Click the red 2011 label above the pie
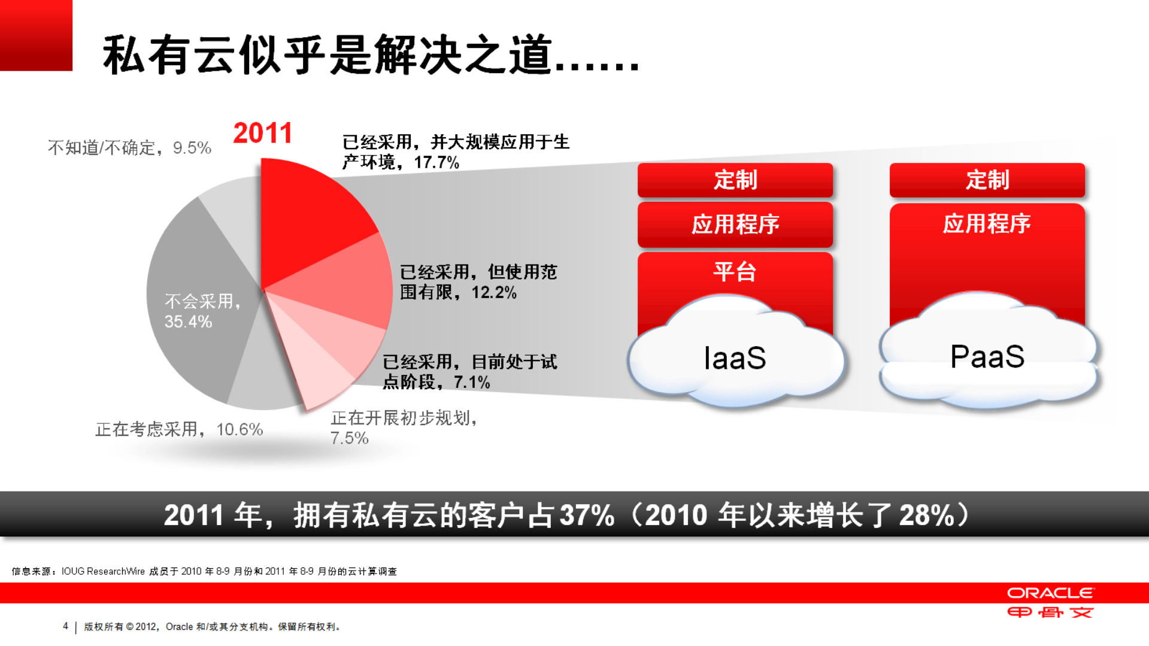[262, 133]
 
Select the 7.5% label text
[349, 438]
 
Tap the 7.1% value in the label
[472, 382]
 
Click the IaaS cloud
[735, 358]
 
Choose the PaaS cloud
[987, 356]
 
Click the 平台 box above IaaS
[735, 272]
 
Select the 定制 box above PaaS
[987, 180]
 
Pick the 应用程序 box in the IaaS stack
[735, 225]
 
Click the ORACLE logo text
[1050, 593]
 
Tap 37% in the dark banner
[587, 515]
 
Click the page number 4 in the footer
[65, 626]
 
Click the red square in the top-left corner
[36, 35]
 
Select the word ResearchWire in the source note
[116, 571]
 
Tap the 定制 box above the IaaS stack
[735, 180]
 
